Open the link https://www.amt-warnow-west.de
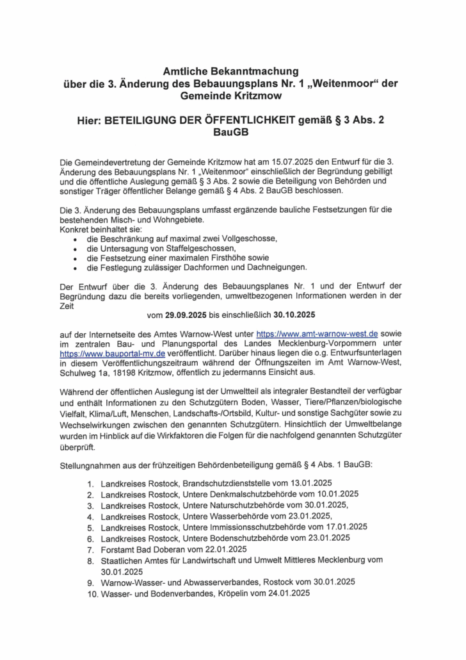click(317, 334)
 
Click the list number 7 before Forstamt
click(91, 549)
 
